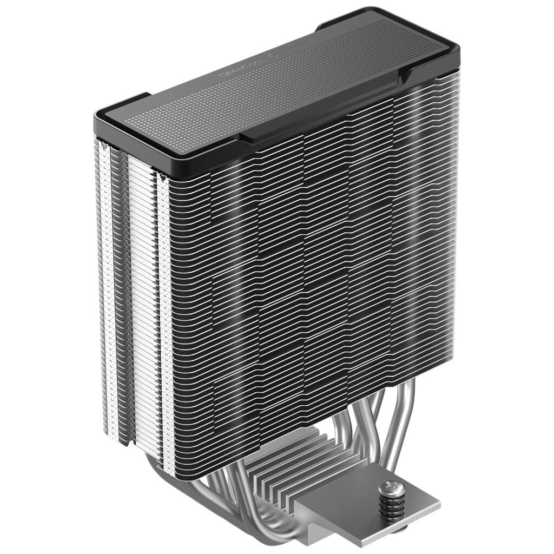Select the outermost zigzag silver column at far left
(103, 271)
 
